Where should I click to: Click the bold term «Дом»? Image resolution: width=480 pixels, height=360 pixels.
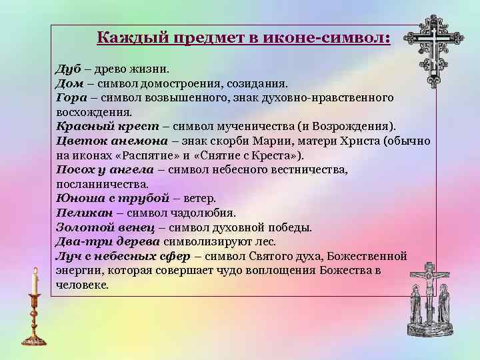pyautogui.click(x=69, y=83)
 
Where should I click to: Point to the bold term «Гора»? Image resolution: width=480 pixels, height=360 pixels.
pyautogui.click(x=70, y=97)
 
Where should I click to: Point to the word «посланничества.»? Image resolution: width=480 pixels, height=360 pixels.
pyautogui.click(x=102, y=183)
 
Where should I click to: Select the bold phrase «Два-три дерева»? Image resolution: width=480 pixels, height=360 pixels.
pyautogui.click(x=107, y=241)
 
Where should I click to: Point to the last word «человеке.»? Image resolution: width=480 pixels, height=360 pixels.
pyautogui.click(x=82, y=285)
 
